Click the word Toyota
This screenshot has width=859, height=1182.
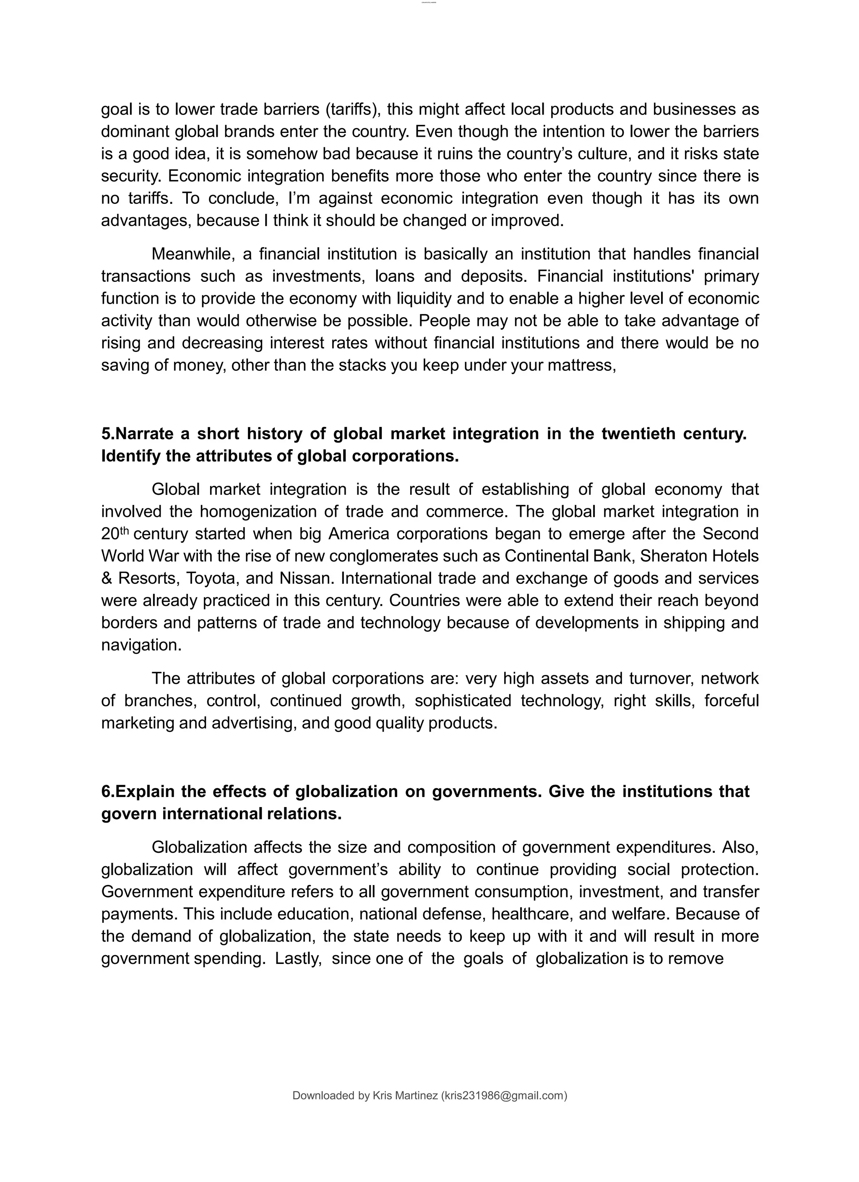(x=211, y=578)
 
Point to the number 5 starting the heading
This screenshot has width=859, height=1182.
(x=106, y=434)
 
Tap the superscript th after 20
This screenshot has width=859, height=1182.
(x=124, y=531)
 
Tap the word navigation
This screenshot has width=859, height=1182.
(x=141, y=645)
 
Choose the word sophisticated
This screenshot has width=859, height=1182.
(x=463, y=701)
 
